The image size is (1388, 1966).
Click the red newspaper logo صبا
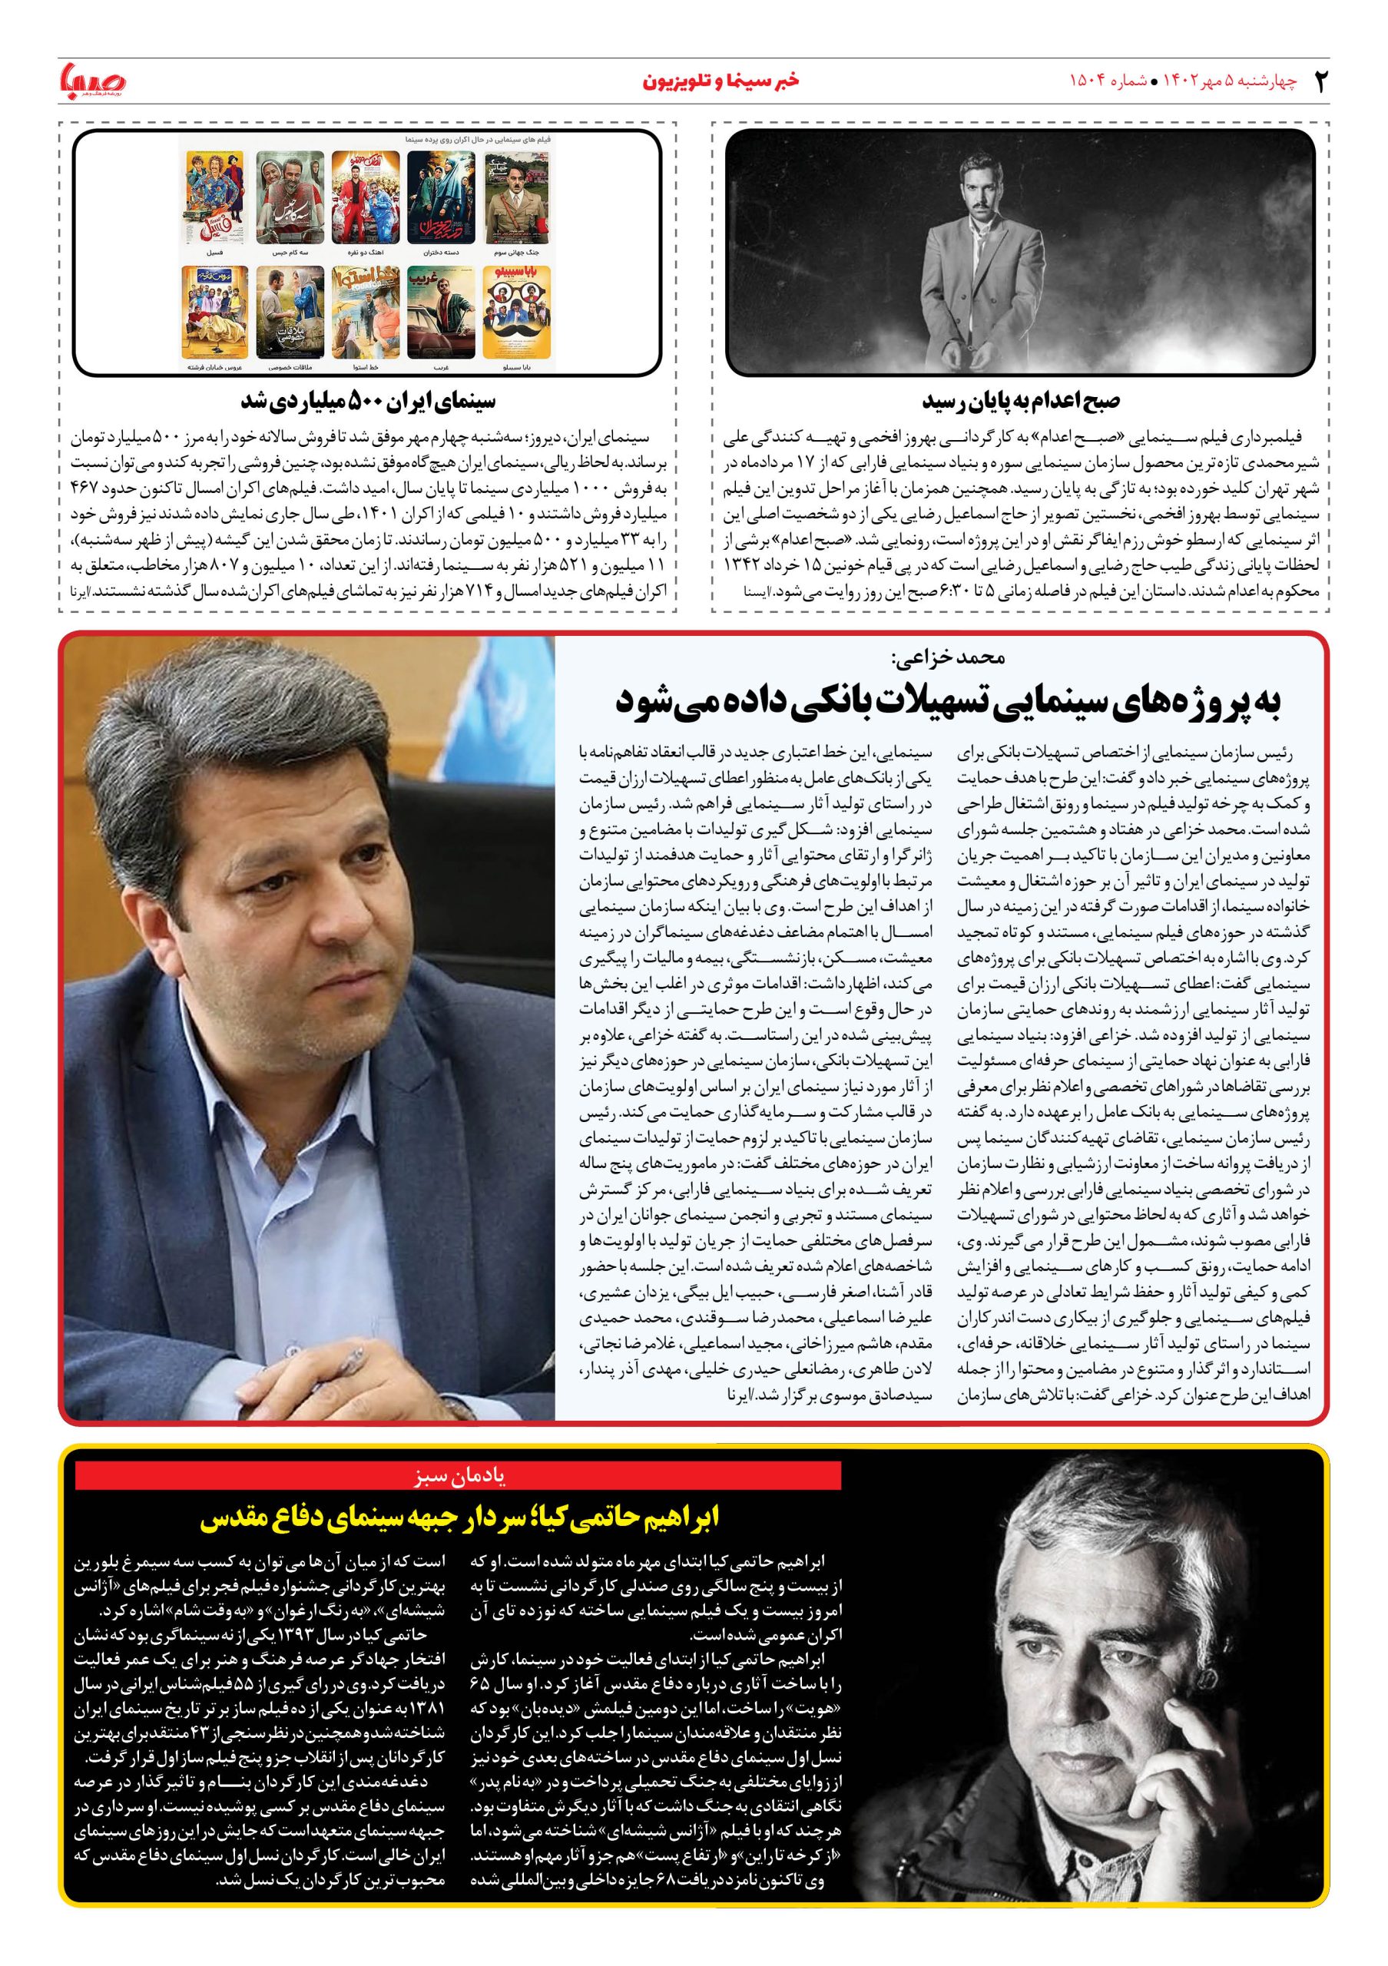[91, 82]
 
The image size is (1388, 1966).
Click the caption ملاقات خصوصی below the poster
[284, 366]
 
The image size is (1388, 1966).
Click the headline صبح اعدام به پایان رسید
[1020, 401]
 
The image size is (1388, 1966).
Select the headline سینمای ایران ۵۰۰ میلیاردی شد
[368, 401]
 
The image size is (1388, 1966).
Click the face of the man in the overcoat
[1016, 184]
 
